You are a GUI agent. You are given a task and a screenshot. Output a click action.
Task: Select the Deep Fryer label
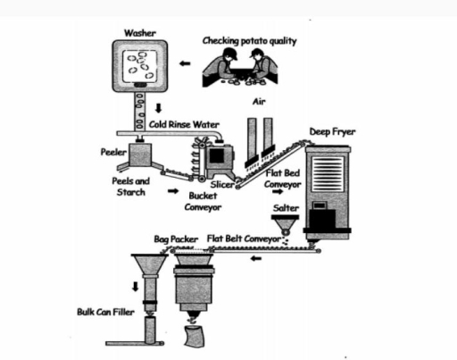(332, 131)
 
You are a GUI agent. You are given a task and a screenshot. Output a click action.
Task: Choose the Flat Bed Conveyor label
(286, 176)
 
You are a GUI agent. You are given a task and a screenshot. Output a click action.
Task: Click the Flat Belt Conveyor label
(245, 239)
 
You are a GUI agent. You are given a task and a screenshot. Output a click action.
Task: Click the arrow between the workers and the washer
(185, 64)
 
